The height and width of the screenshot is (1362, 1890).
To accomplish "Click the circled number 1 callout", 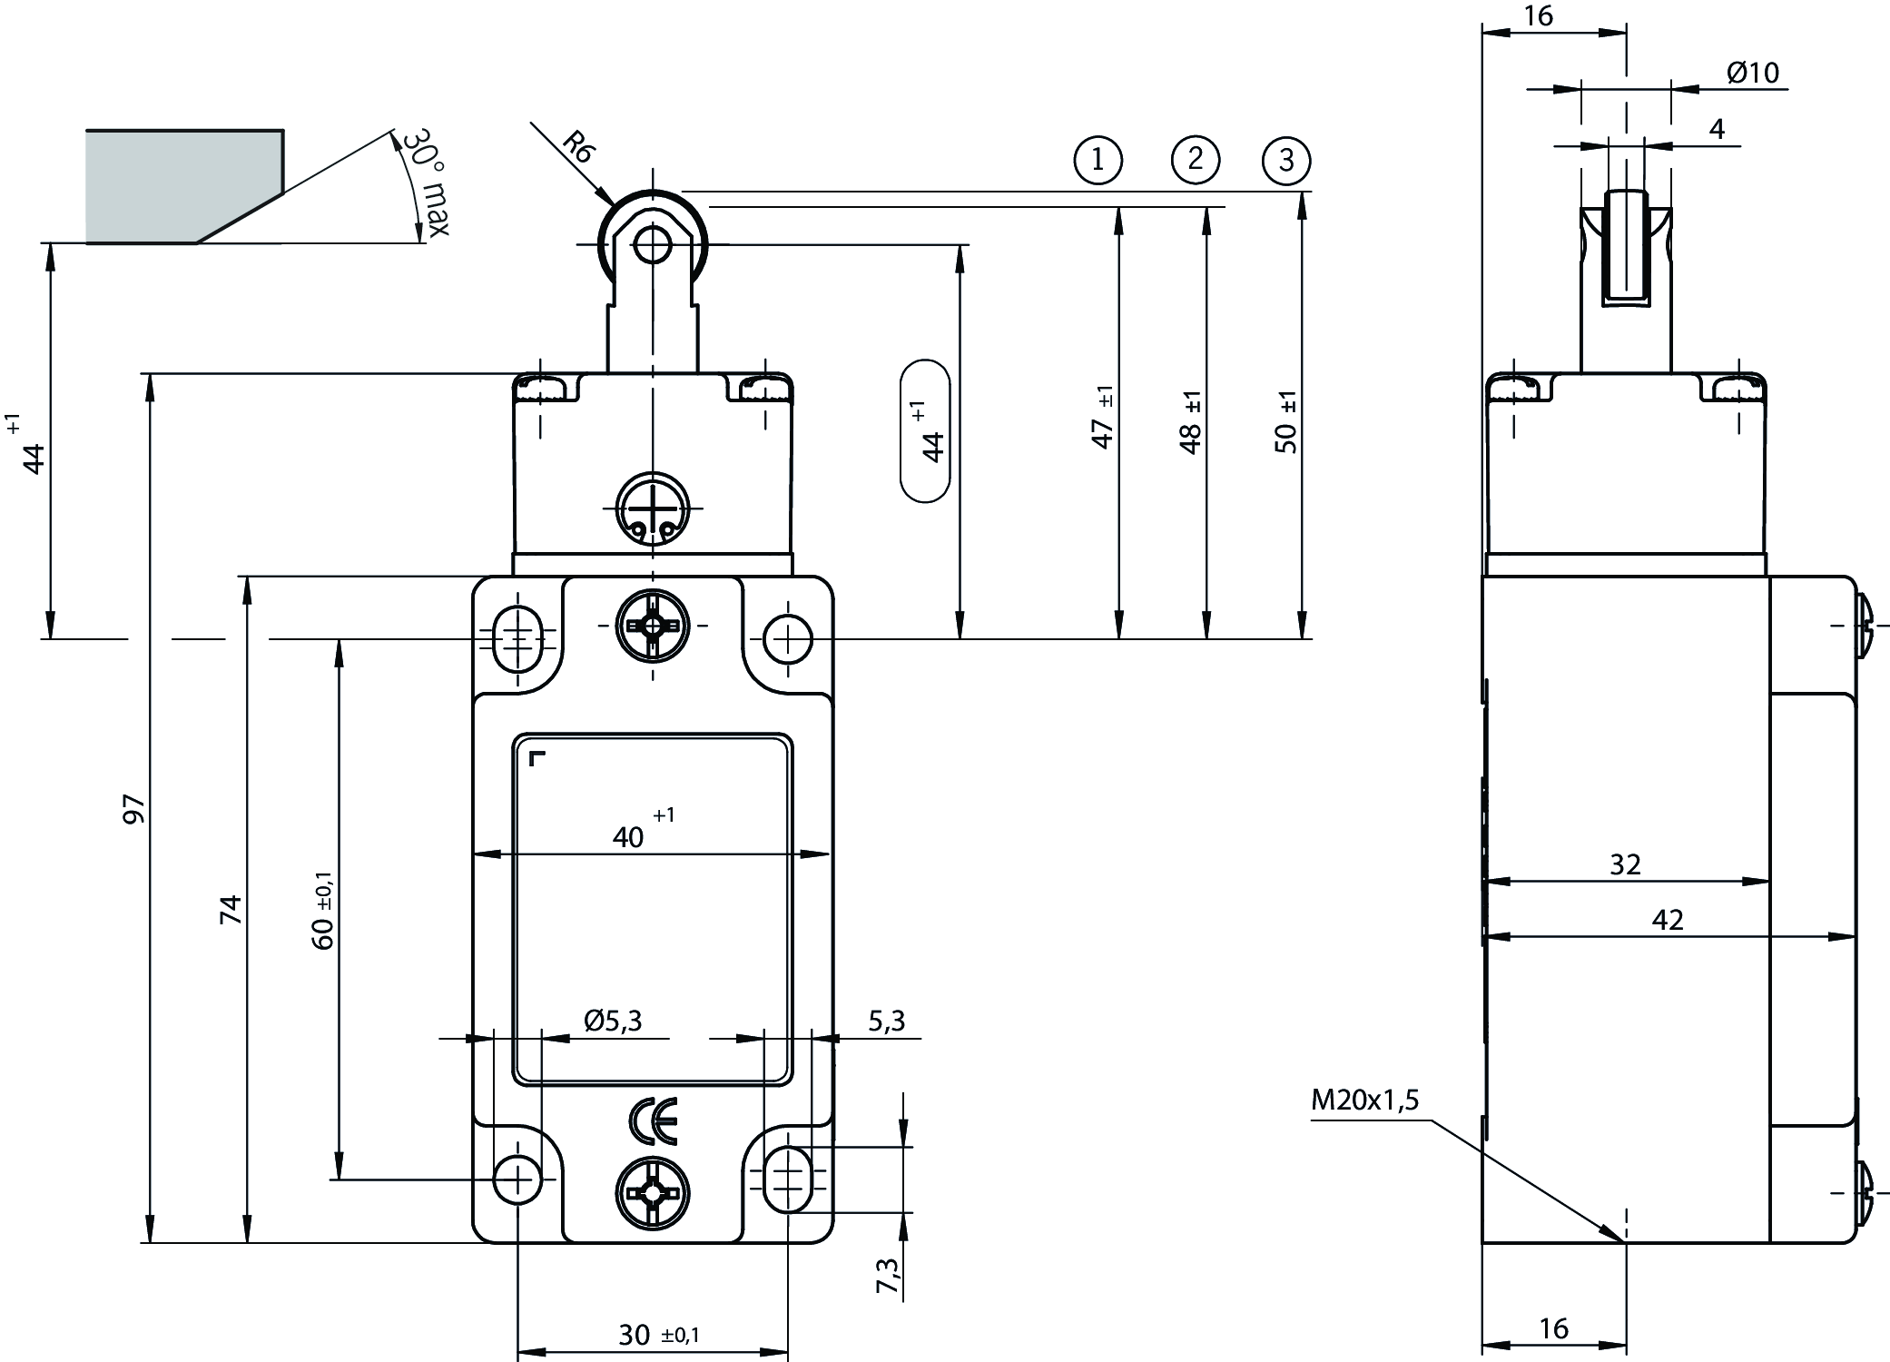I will click(x=1098, y=161).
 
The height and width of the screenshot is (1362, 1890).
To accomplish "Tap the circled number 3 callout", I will click(x=1286, y=161).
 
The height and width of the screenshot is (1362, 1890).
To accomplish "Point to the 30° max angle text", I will click(x=425, y=182).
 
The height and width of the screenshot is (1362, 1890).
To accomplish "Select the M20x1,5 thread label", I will click(x=1364, y=1100).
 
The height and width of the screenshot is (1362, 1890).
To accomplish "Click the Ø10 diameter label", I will click(x=1752, y=73).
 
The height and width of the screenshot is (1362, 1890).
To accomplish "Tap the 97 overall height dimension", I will click(x=133, y=808).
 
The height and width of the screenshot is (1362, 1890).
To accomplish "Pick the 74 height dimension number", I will click(x=231, y=909).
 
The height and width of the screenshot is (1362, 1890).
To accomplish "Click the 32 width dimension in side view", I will click(x=1625, y=864).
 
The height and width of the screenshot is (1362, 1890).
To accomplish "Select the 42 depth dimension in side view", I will click(x=1668, y=921).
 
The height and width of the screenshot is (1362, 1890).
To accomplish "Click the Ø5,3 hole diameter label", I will click(x=613, y=1021).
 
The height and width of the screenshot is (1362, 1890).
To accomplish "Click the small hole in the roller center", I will click(x=652, y=244).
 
